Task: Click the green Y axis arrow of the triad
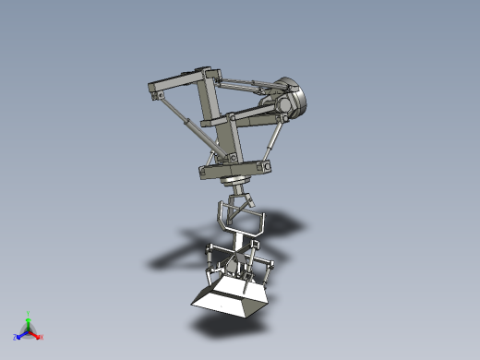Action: tap(28, 321)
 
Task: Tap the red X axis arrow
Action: tap(36, 334)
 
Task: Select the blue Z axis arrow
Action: tap(20, 335)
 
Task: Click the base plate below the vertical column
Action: tap(234, 169)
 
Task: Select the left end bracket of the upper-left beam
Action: tap(153, 90)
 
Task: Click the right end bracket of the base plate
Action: tap(267, 166)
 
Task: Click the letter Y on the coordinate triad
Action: tap(29, 314)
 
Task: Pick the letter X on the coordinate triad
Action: tap(42, 337)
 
